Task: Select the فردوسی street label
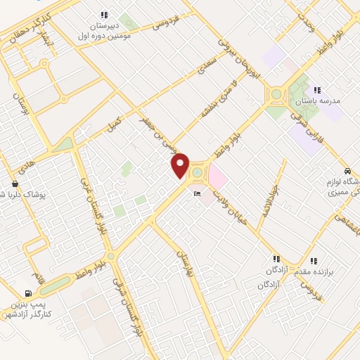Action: click(170, 21)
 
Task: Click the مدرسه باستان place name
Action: click(321, 101)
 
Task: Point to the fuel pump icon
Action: click(27, 294)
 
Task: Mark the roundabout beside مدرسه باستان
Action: click(276, 94)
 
